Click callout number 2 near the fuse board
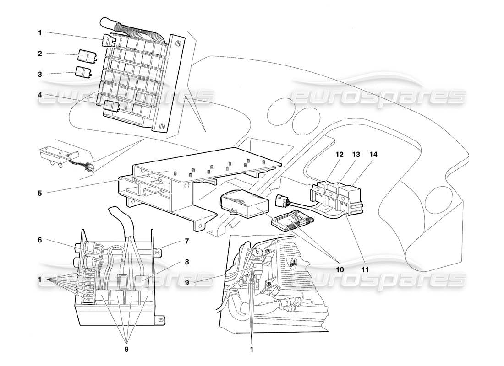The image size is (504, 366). tap(40, 54)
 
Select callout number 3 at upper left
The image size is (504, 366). tap(40, 74)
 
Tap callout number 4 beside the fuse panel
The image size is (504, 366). tap(40, 95)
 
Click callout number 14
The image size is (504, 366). tap(374, 156)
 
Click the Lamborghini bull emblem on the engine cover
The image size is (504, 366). tap(291, 263)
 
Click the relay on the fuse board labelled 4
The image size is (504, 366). tap(111, 106)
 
